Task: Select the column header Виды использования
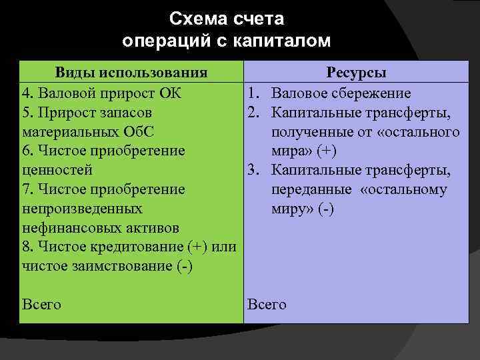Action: pyautogui.click(x=131, y=73)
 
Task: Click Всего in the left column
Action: pyautogui.click(x=41, y=305)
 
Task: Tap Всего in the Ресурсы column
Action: pyautogui.click(x=267, y=305)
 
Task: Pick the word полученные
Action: pyautogui.click(x=312, y=131)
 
